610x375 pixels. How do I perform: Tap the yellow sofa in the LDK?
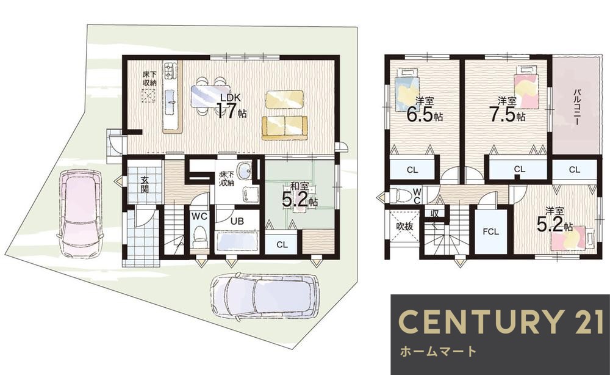(284, 126)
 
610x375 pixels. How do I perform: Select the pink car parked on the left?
(79, 214)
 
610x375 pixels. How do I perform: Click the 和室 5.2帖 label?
(299, 195)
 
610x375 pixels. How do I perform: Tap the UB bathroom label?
(237, 220)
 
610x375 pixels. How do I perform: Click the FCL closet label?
(491, 233)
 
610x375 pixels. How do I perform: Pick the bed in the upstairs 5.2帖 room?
(573, 239)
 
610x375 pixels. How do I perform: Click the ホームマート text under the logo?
(436, 351)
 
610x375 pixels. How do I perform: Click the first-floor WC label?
(199, 216)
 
